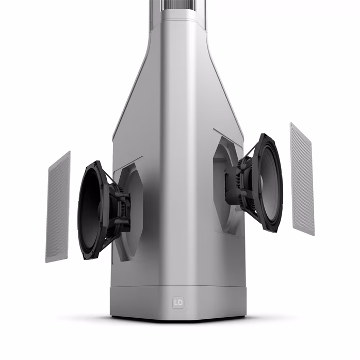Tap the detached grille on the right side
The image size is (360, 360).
click(x=302, y=178)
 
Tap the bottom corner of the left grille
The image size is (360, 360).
click(x=47, y=260)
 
